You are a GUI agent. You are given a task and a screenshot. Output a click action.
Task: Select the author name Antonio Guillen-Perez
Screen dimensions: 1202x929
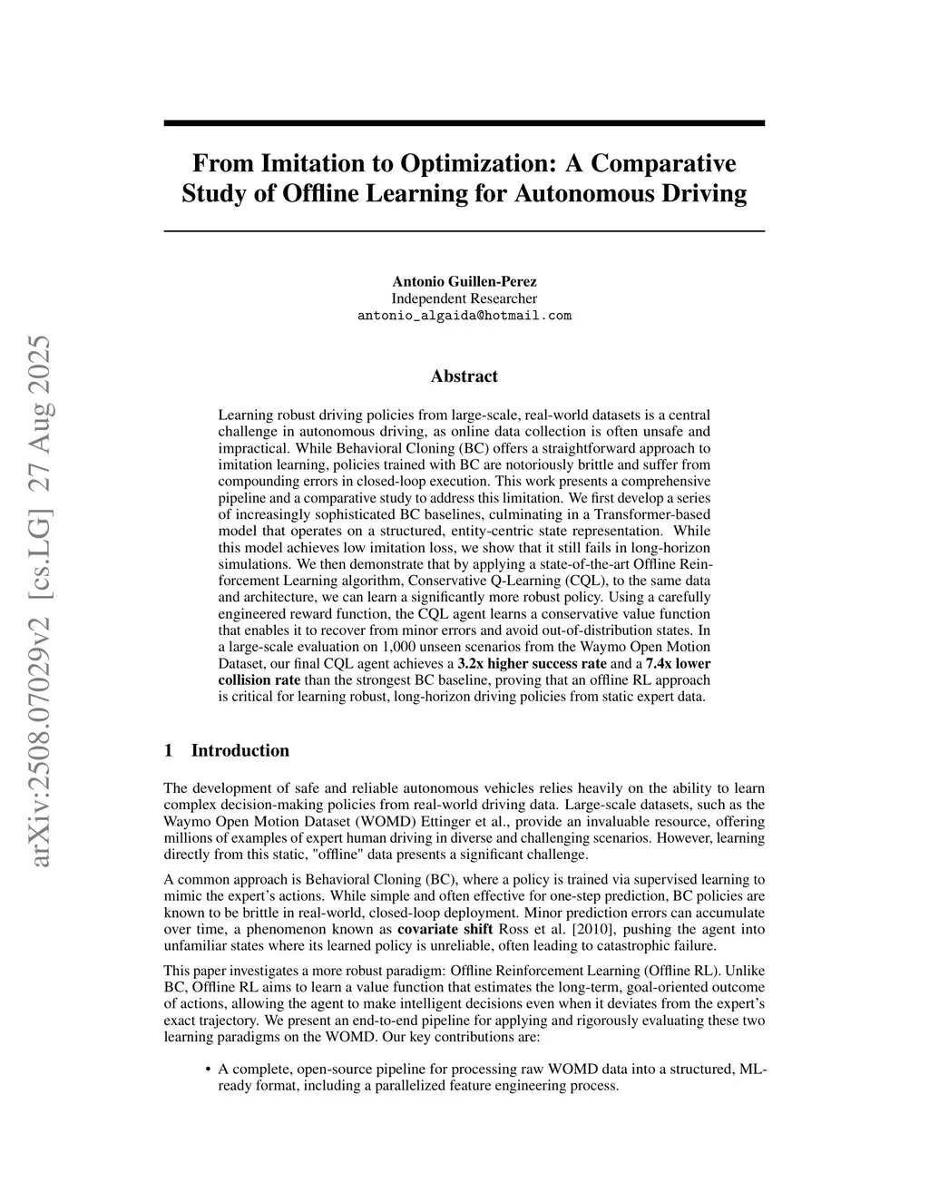click(464, 281)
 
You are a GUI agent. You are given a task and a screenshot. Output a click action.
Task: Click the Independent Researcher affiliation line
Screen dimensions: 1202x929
click(464, 298)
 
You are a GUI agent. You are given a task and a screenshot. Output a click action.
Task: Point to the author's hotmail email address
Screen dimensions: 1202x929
click(464, 316)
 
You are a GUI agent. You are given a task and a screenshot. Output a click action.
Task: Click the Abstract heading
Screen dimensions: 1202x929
click(464, 376)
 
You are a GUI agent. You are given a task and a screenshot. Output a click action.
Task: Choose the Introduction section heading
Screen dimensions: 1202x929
click(240, 750)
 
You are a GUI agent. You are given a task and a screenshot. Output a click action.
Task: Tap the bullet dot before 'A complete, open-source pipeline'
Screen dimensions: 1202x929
click(209, 1070)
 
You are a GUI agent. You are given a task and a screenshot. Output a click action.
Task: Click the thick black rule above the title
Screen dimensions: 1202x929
click(464, 122)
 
